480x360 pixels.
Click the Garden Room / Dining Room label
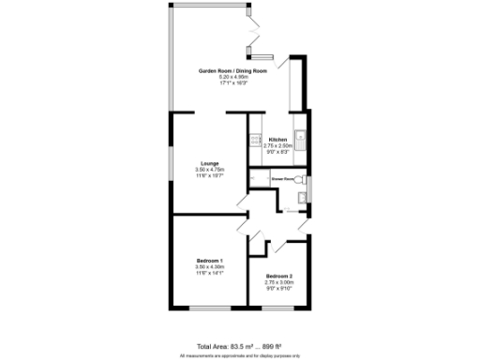[232, 71]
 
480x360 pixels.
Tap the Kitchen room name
[277, 140]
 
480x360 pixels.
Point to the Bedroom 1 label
[209, 260]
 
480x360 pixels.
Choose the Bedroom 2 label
[277, 276]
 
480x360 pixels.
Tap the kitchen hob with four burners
[254, 141]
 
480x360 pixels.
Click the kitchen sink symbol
[300, 137]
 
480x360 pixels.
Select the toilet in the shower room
[299, 178]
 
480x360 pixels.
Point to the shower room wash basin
[299, 197]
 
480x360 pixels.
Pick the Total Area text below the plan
[239, 346]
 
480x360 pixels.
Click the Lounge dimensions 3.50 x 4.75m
[209, 169]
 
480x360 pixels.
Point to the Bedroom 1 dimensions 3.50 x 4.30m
[209, 266]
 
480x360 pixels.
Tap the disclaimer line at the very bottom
[239, 355]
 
